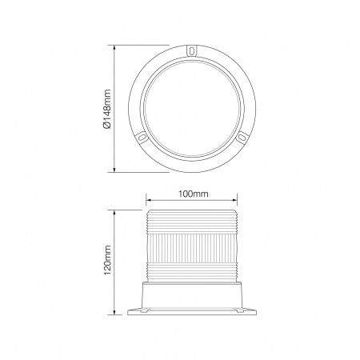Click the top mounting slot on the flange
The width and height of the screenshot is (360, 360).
(x=191, y=50)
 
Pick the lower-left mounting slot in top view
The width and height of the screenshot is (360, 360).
(x=142, y=137)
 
